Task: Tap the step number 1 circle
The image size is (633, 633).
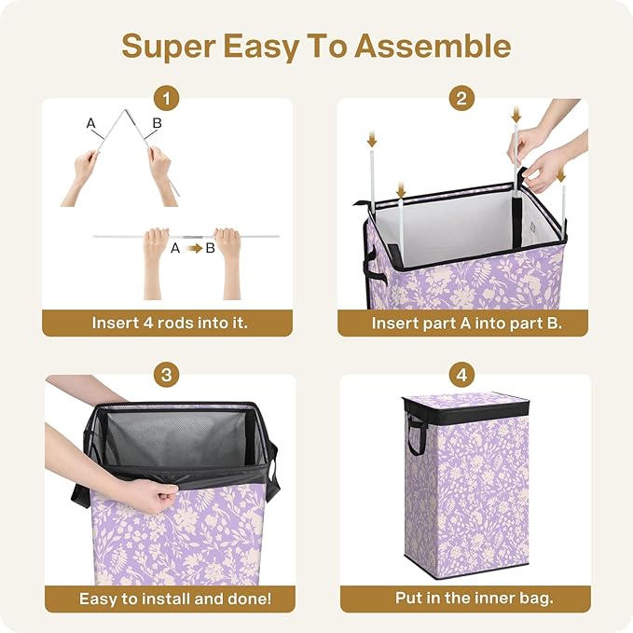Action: click(167, 98)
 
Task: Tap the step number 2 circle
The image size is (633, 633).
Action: click(462, 98)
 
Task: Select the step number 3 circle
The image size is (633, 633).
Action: click(167, 375)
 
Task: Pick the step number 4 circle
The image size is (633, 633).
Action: click(462, 375)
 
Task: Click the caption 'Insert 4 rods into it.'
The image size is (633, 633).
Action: click(169, 323)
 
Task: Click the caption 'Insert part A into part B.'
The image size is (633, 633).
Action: click(466, 323)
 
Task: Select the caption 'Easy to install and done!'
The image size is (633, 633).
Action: click(169, 599)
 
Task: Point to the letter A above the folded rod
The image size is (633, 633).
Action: click(90, 123)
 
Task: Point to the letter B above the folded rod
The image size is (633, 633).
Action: click(157, 123)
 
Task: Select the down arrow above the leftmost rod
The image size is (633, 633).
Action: click(372, 140)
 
